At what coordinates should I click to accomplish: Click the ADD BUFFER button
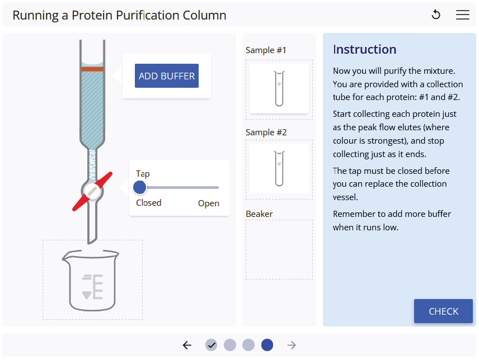click(x=167, y=76)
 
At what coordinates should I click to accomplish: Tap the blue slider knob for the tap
click(x=140, y=187)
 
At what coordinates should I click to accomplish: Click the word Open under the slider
click(x=208, y=203)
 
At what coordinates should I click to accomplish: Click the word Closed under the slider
click(x=148, y=203)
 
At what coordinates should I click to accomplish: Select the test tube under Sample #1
click(x=279, y=88)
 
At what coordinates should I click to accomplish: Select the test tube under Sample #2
click(x=279, y=168)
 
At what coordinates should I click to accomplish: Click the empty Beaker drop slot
click(x=279, y=249)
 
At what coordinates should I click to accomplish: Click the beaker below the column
click(x=93, y=280)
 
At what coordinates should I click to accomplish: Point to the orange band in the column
click(x=92, y=69)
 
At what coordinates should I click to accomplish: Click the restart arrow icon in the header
click(x=436, y=15)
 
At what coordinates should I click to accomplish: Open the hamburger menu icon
click(x=463, y=15)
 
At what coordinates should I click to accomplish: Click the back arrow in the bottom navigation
click(x=187, y=345)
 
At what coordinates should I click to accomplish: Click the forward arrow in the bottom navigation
click(x=292, y=345)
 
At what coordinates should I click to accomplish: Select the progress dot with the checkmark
click(x=211, y=345)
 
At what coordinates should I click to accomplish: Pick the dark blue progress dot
click(x=267, y=345)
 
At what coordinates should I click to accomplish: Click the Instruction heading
click(x=364, y=49)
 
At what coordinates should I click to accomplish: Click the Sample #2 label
click(x=266, y=132)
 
